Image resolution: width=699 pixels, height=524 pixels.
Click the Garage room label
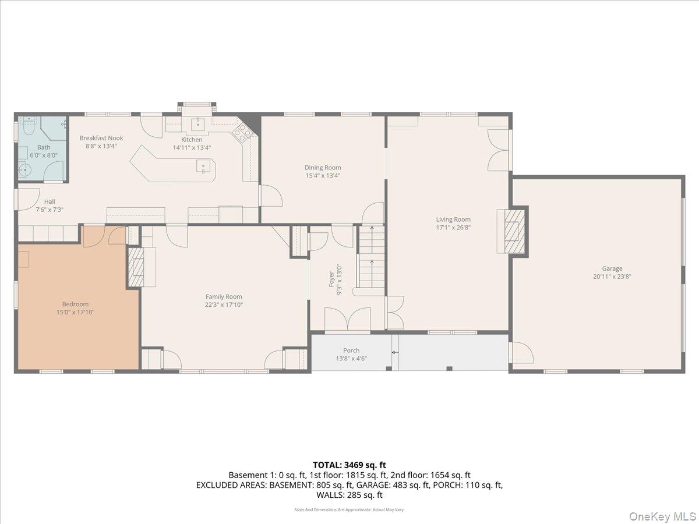tap(612, 268)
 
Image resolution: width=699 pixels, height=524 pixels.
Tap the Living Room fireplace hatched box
tap(513, 230)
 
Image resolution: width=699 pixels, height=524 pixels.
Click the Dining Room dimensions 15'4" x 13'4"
tap(323, 175)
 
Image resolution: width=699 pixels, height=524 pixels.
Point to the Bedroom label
tap(75, 304)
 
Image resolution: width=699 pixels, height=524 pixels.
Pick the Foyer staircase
tap(370, 256)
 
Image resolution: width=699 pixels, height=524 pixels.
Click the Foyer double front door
tap(347, 320)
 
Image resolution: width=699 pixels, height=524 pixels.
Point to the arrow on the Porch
tap(395, 352)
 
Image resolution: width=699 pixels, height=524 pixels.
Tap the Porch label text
tap(351, 350)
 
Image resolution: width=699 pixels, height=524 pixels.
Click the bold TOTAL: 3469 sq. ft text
tap(349, 465)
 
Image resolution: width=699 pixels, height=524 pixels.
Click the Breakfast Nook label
tap(101, 138)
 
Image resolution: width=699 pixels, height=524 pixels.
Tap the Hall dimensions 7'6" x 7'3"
tap(50, 210)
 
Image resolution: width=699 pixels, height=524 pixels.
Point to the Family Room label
tap(224, 296)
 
